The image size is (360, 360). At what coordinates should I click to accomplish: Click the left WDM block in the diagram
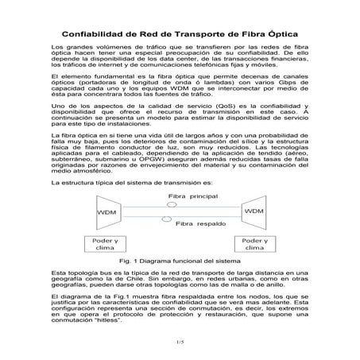[x=107, y=214]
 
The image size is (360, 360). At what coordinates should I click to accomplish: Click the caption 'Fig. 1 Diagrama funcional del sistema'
[x=180, y=260]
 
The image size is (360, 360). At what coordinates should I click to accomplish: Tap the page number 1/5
[x=180, y=341]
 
